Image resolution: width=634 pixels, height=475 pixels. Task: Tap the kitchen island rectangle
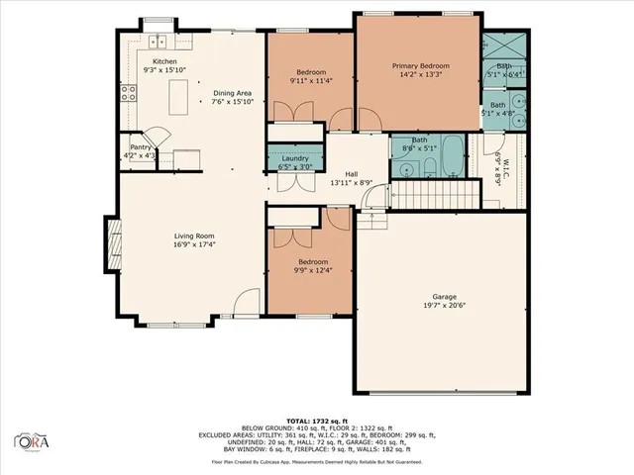pyautogui.click(x=180, y=96)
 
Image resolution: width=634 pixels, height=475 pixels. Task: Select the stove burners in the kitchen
pyautogui.click(x=128, y=94)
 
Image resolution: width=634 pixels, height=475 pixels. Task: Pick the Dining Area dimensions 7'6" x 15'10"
pyautogui.click(x=234, y=102)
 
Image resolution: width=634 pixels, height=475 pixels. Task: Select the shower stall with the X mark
pyautogui.click(x=502, y=47)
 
